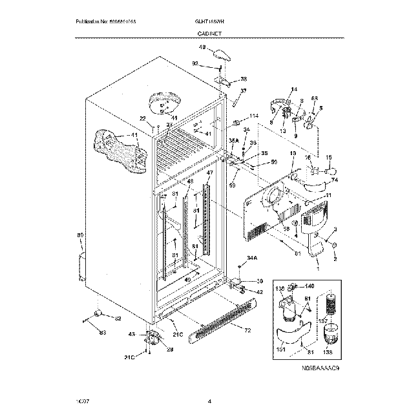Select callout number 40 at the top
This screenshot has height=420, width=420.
202,48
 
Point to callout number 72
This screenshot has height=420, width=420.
247,331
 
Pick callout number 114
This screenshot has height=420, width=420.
253,116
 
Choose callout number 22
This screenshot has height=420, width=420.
143,118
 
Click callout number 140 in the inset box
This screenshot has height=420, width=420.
310,286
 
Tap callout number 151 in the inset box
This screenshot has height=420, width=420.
281,350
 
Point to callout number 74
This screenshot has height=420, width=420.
335,180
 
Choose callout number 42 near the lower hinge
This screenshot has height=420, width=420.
260,292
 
